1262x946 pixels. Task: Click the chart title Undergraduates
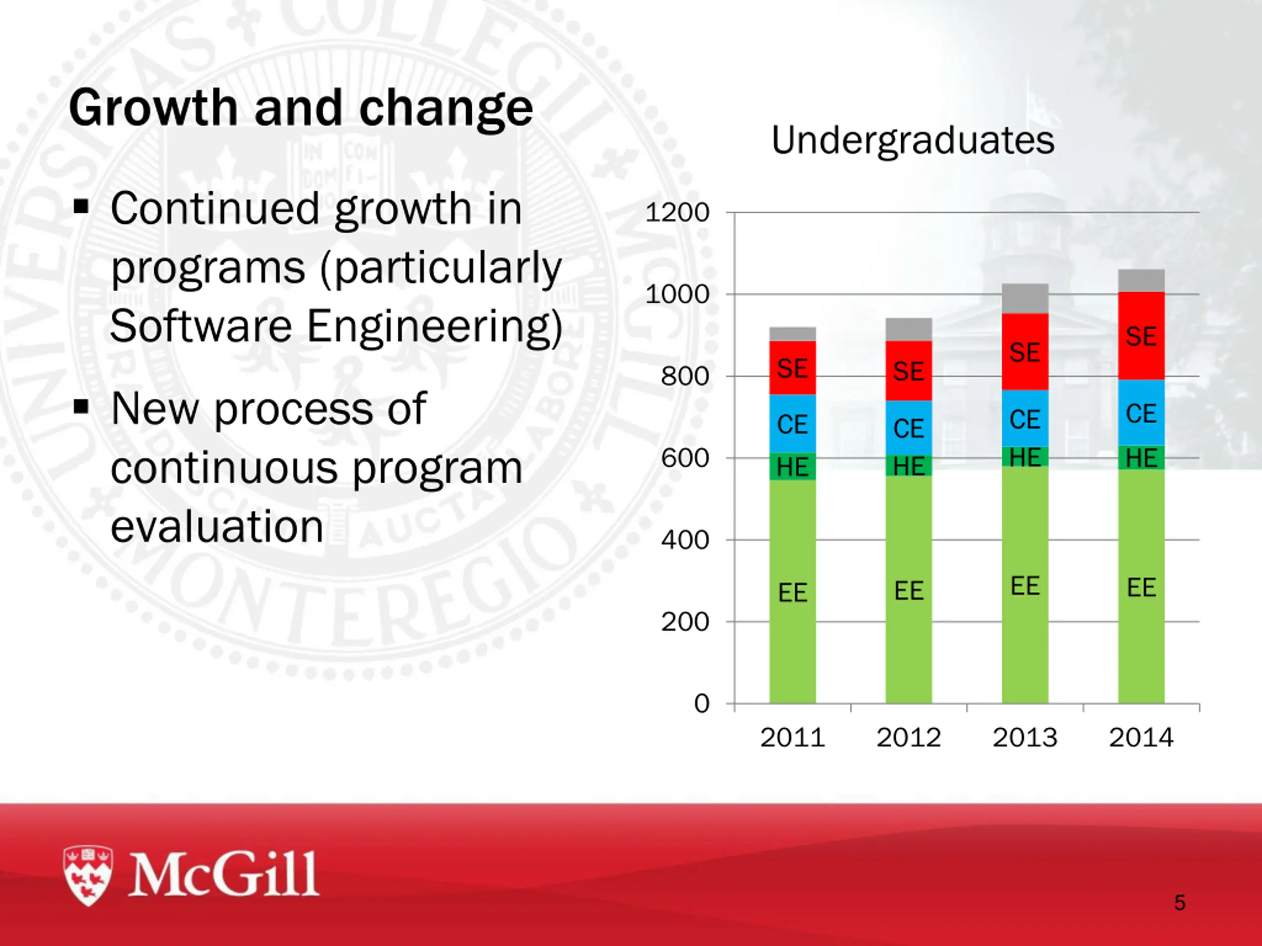pyautogui.click(x=912, y=140)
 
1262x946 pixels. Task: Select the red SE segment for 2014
pyautogui.click(x=1141, y=336)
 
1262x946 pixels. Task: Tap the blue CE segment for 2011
pyautogui.click(x=793, y=424)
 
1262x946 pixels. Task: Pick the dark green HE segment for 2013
pyautogui.click(x=1025, y=457)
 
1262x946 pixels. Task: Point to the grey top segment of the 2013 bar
pyautogui.click(x=1025, y=298)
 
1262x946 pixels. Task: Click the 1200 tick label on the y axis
pyautogui.click(x=677, y=213)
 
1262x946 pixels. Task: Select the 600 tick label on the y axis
pyautogui.click(x=685, y=458)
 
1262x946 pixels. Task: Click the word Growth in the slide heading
pyautogui.click(x=153, y=108)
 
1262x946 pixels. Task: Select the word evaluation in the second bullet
pyautogui.click(x=217, y=526)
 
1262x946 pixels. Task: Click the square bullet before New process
pyautogui.click(x=81, y=406)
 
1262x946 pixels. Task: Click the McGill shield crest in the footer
pyautogui.click(x=88, y=875)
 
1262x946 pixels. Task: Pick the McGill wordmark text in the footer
pyautogui.click(x=224, y=874)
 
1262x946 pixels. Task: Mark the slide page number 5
pyautogui.click(x=1180, y=903)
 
